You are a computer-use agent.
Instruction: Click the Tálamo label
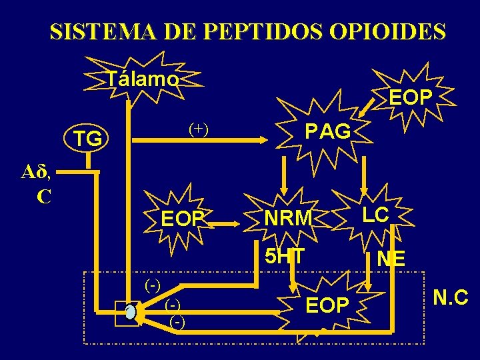(x=143, y=79)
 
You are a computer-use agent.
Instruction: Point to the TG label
(x=88, y=139)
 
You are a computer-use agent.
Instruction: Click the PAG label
(x=327, y=131)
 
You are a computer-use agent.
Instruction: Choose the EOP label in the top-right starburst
(x=411, y=97)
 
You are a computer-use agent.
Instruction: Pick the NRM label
(x=288, y=218)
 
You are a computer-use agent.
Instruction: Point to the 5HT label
(x=285, y=256)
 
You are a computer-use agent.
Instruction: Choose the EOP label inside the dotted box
(x=327, y=305)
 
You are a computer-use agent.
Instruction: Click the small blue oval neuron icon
(x=131, y=312)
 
